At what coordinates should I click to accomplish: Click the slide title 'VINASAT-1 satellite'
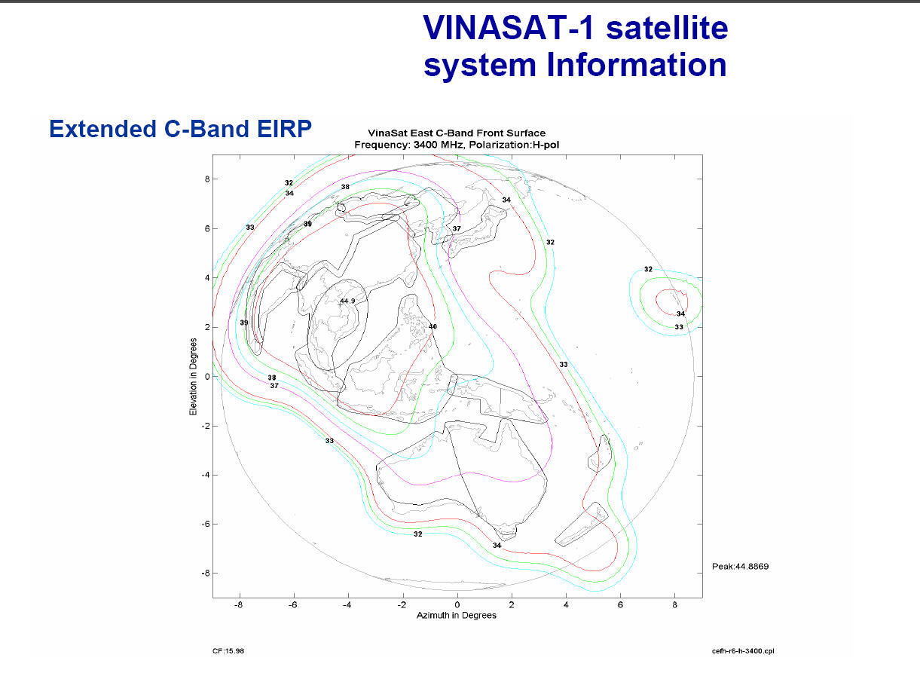coord(576,28)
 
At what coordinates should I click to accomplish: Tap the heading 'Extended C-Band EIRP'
coord(180,129)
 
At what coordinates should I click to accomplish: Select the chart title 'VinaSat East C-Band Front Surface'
coord(457,133)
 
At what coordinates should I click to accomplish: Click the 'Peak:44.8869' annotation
coord(740,566)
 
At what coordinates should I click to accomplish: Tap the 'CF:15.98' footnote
coord(228,651)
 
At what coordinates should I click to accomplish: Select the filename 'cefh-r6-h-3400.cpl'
coord(743,651)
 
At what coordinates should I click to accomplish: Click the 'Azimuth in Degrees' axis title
coord(457,615)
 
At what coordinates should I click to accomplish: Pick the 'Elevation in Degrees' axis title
coord(193,377)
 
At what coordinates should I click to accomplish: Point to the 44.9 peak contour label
coord(347,301)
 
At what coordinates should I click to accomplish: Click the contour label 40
coord(433,326)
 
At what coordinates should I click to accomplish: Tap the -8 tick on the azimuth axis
coord(238,605)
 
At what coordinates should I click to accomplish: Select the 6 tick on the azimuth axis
coord(620,605)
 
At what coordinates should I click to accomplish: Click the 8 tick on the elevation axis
coord(207,179)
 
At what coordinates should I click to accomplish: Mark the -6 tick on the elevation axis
coord(206,524)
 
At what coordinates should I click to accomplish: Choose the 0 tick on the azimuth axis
coord(457,605)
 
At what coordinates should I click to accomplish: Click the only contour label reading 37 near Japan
coord(457,229)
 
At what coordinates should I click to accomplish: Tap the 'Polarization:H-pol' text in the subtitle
coord(514,145)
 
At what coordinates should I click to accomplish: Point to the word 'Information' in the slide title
coord(637,65)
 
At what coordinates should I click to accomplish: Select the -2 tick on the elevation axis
coord(206,426)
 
